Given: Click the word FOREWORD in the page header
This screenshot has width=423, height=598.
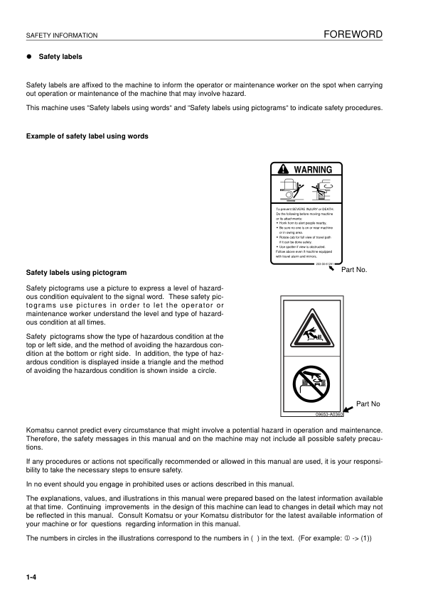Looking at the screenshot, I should click(353, 33).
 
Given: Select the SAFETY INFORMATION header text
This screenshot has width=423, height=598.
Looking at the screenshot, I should click(61, 36).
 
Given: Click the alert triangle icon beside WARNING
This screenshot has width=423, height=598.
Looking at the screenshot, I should click(284, 170).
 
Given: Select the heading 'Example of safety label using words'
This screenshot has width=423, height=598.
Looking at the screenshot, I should click(87, 136).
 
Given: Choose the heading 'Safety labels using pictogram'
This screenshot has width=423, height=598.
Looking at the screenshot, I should click(76, 272).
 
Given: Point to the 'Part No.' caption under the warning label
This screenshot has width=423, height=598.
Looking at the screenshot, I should click(354, 271).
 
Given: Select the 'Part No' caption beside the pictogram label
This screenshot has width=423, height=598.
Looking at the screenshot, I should click(368, 403).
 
